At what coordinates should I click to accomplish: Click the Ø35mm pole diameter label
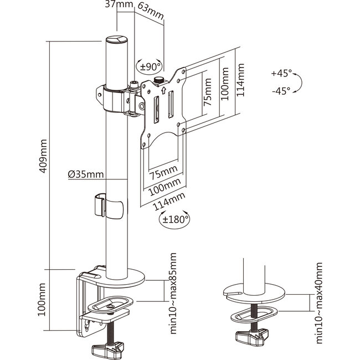86,174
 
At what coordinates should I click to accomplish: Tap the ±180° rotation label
176,219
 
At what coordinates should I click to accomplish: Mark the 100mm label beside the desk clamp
42,300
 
